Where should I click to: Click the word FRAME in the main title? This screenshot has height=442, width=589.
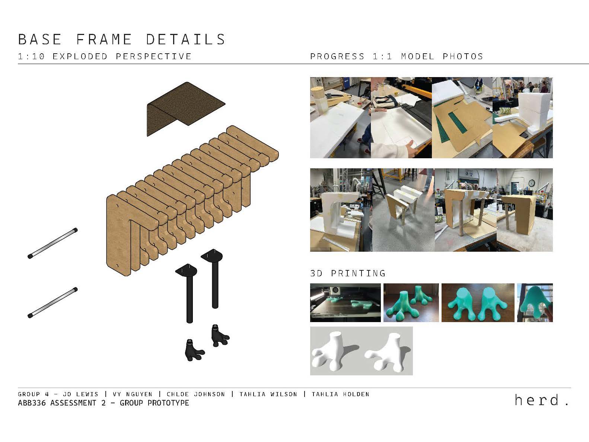click(104, 39)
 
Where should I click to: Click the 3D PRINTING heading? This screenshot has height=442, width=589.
click(347, 273)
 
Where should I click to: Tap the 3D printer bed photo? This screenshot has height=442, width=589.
click(345, 302)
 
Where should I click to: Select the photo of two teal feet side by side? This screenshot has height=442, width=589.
click(478, 302)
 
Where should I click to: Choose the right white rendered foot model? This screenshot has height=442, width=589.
click(386, 352)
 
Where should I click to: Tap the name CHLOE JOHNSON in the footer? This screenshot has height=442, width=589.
click(195, 394)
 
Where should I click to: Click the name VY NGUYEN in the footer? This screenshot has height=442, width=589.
click(133, 394)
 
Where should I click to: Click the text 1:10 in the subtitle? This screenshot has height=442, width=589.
click(31, 57)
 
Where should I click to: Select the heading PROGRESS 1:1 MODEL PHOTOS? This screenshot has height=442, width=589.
click(396, 57)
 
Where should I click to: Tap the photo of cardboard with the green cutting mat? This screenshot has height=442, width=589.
click(462, 118)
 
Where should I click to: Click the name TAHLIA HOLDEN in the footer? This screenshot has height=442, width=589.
click(340, 394)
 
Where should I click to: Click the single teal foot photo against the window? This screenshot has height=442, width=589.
click(535, 302)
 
